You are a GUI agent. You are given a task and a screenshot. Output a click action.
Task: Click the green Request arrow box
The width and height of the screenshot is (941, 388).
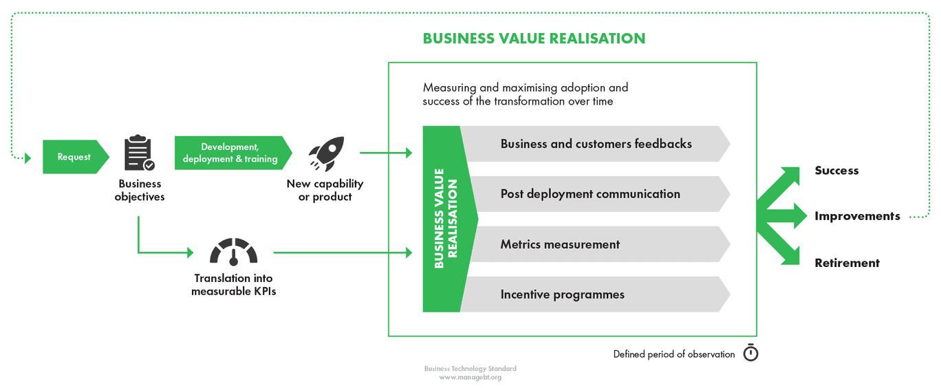pos(76,157)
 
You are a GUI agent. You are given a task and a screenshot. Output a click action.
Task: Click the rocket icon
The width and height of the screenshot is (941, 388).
pos(327,153)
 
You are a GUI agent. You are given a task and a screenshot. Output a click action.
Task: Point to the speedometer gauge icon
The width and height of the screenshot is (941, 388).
pos(234,252)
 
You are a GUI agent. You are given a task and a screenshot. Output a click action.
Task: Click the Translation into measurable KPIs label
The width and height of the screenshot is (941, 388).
pos(234,285)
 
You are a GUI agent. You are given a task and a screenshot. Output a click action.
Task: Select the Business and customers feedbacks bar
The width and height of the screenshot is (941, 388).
pos(596,144)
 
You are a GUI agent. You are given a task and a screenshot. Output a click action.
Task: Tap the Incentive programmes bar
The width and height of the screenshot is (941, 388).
pos(596,294)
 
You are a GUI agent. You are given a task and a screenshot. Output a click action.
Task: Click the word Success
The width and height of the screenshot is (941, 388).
pos(836,171)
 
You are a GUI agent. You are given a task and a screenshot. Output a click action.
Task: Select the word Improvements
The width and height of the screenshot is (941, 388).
pos(857,216)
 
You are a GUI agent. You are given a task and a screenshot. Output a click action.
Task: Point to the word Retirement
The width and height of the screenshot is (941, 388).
pos(847,263)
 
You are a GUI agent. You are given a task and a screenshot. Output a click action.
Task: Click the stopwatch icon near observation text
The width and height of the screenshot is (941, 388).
pos(750,353)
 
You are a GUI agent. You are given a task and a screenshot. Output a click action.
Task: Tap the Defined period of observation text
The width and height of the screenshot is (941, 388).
pos(674,354)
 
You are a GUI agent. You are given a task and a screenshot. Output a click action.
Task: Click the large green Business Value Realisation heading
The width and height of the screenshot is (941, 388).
pos(534,39)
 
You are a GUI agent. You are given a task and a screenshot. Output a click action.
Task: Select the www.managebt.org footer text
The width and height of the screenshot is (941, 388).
pos(470,377)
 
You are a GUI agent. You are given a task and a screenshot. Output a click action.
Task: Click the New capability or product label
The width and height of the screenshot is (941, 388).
pos(325,191)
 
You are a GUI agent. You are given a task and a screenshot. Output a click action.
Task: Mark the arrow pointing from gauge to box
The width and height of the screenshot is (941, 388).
pos(343,252)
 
